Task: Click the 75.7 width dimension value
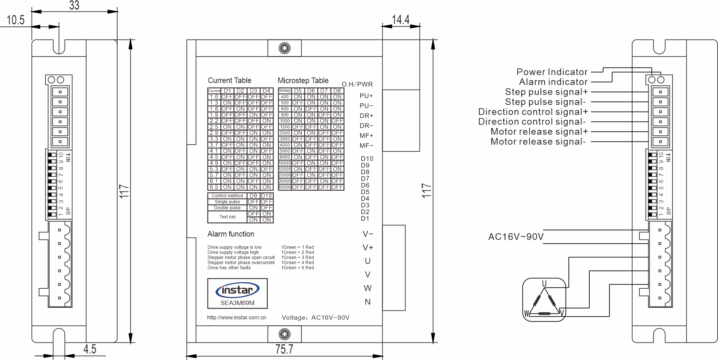tap(284, 349)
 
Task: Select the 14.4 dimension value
tap(401, 19)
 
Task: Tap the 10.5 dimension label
tap(16, 20)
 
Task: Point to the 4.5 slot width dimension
tap(90, 349)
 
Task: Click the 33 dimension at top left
tap(74, 5)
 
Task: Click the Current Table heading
tap(229, 80)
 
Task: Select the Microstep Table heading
tap(303, 80)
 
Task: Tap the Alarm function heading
tap(231, 234)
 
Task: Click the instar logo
tap(237, 290)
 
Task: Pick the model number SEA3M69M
tap(237, 303)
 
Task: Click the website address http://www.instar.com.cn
tap(236, 317)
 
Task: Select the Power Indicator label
tap(552, 72)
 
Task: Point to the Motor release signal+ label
tap(539, 131)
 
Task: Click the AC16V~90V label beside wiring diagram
tap(516, 237)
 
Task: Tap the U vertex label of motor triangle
tap(544, 284)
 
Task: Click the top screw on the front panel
tap(285, 48)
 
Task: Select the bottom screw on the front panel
tap(285, 334)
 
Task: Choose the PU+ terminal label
tap(366, 96)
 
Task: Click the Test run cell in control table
tap(227, 217)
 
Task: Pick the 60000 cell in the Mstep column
tap(285, 187)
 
